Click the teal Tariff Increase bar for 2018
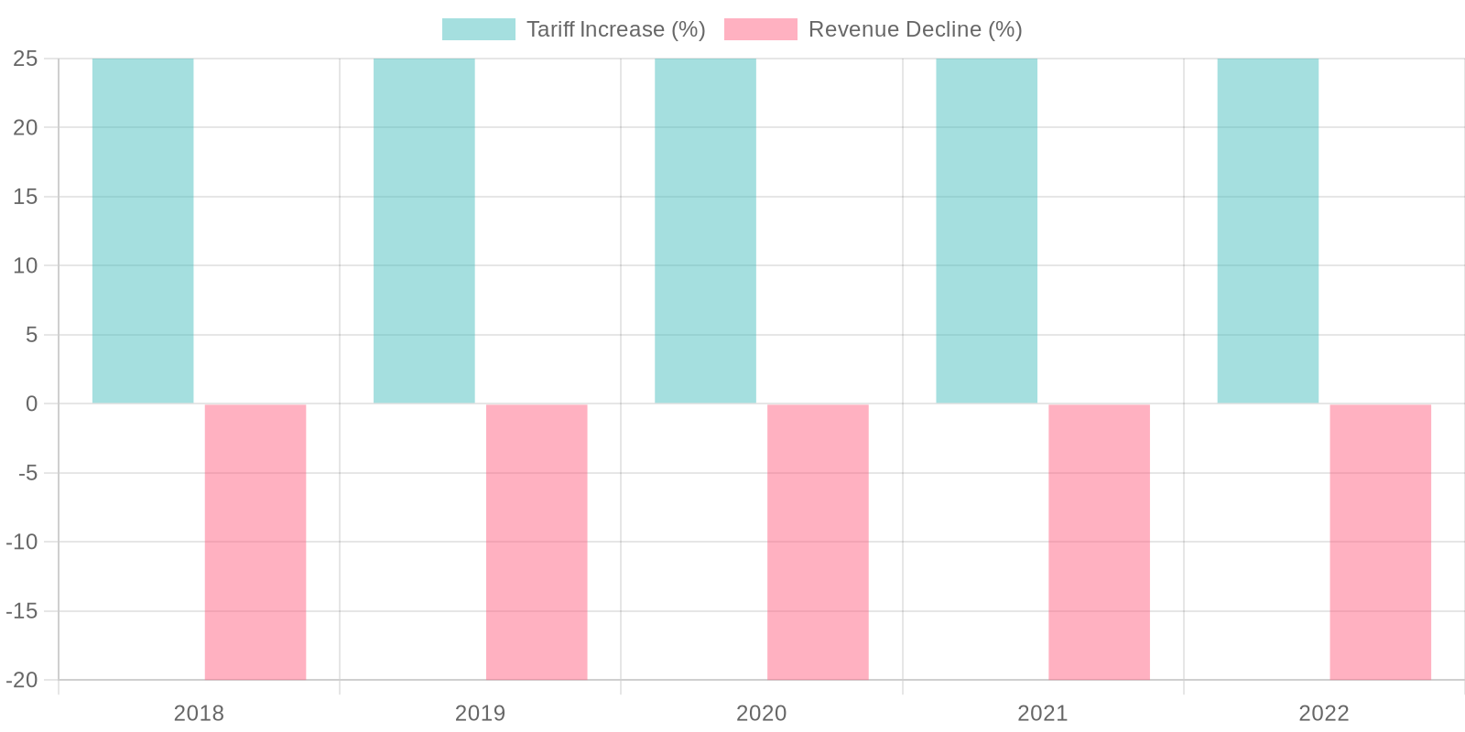coord(143,231)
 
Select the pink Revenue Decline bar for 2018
coord(255,542)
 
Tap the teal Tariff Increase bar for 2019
coord(424,231)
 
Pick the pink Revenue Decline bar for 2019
coord(537,542)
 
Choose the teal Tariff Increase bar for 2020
coord(705,231)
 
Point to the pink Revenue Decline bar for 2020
coord(818,542)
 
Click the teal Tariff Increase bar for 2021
coord(986,231)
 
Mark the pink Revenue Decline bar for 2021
coord(1099,542)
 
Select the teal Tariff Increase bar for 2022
coord(1267,231)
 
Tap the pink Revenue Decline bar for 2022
coord(1380,542)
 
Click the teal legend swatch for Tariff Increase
coord(478,29)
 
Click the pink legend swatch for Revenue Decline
coord(760,29)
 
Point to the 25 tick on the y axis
coord(26,59)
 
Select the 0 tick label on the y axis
coord(31,404)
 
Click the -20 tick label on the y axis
coord(22,680)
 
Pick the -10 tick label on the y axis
coord(22,542)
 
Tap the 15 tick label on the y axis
coord(26,197)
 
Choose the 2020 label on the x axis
coord(761,714)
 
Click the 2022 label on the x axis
coord(1323,714)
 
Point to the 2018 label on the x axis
coord(199,714)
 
